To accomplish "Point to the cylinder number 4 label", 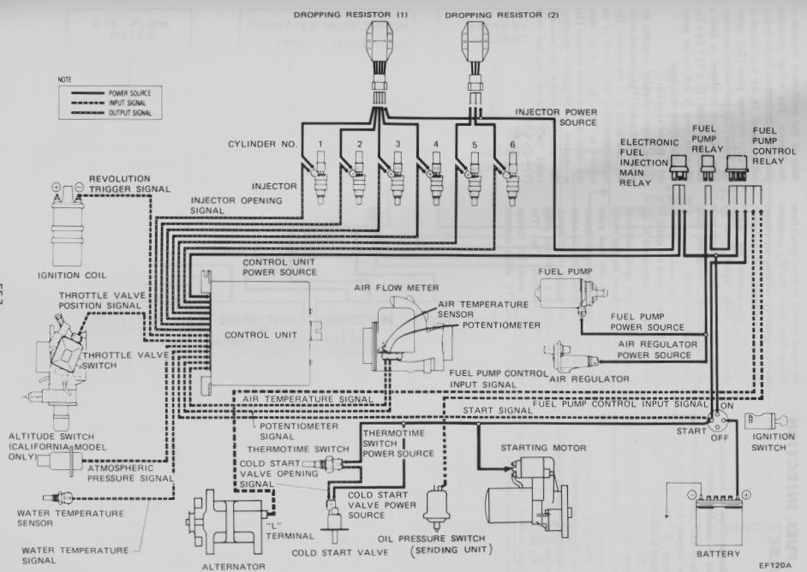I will click(x=436, y=143).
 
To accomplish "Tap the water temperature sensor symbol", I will click(x=64, y=497).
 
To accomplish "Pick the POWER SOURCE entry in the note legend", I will click(x=129, y=92).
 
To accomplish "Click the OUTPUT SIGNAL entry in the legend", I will click(x=130, y=112).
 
